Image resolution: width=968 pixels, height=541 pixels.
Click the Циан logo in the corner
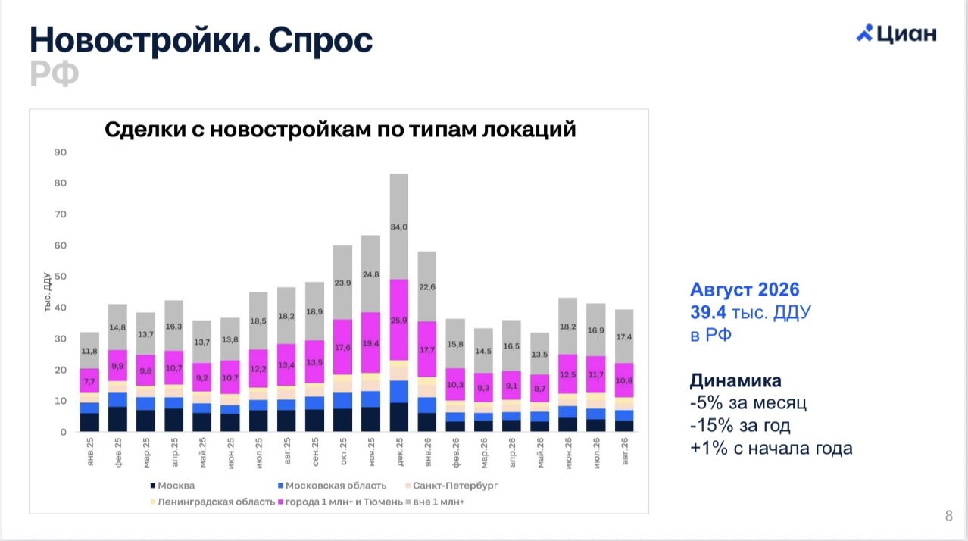(896, 33)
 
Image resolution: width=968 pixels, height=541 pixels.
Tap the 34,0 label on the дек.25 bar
(399, 227)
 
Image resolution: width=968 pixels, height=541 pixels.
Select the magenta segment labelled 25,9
(399, 320)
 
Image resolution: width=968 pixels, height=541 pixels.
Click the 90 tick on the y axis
(61, 152)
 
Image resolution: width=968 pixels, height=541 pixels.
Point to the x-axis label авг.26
(624, 451)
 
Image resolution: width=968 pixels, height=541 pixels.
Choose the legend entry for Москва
(173, 486)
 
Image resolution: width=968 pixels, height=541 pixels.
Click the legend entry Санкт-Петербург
(452, 486)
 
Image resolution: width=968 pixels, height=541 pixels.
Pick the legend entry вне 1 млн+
(435, 502)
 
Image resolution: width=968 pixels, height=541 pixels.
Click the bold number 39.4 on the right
(708, 312)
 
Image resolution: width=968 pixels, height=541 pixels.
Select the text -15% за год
(740, 426)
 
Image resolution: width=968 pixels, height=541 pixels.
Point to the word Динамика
(735, 381)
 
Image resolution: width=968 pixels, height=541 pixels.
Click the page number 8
(948, 515)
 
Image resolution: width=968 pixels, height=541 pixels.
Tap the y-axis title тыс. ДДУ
(47, 292)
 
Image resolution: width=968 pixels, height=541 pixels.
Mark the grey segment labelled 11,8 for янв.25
(89, 350)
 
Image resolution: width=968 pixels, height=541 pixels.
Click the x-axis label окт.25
(343, 452)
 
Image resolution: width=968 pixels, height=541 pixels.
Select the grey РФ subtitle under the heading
(54, 73)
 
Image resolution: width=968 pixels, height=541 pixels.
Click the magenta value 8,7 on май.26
(540, 389)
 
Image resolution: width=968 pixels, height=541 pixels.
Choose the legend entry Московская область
(333, 486)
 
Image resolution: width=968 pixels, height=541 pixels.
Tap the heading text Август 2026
(745, 289)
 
